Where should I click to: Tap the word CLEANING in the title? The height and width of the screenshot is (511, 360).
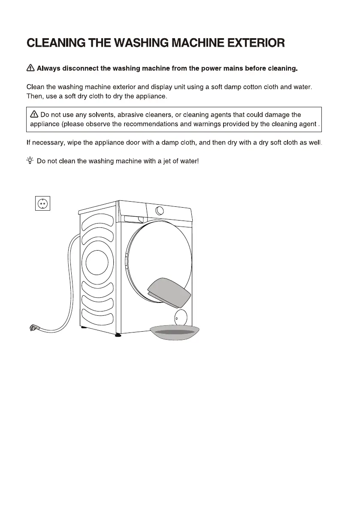(x=55, y=43)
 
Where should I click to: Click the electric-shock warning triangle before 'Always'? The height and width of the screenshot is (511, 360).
(x=30, y=68)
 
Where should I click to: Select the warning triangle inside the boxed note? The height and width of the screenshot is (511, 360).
(x=34, y=115)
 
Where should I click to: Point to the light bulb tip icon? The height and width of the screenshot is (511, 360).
(x=30, y=161)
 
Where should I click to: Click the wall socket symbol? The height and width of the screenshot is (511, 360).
(x=42, y=203)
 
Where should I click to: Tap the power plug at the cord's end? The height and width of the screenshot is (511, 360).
(x=33, y=328)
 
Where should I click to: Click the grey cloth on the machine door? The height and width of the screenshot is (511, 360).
(x=170, y=292)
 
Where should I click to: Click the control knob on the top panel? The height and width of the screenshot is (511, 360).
(x=160, y=210)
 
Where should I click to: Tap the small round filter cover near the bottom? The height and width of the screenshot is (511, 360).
(x=180, y=317)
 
